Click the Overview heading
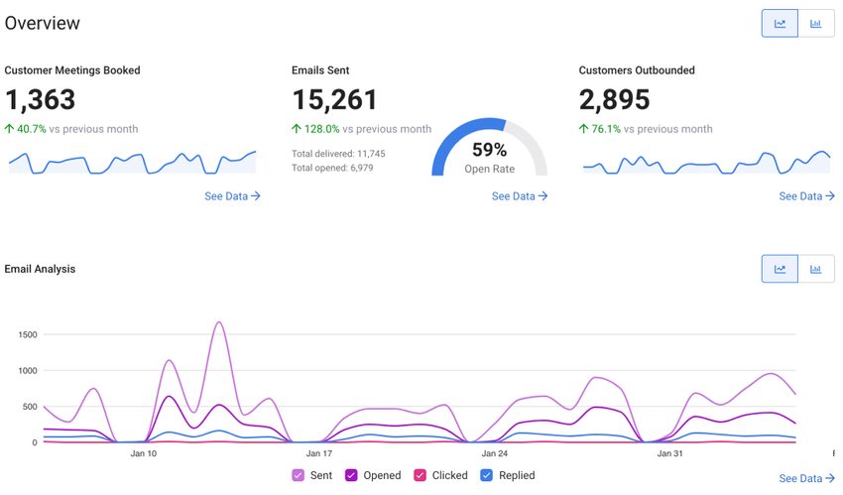43,24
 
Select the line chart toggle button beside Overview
780,24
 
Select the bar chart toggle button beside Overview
815,24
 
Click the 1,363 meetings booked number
41,100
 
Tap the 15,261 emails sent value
334,100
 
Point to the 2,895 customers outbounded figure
615,100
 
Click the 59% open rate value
489,150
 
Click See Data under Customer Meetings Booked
232,196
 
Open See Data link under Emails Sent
520,196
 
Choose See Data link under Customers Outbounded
806,196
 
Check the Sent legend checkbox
298,476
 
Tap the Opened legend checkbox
351,476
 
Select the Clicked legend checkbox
420,476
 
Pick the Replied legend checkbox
486,476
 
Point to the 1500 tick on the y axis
27,335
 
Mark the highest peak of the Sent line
219,322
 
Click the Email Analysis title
40,269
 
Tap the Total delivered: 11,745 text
338,154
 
